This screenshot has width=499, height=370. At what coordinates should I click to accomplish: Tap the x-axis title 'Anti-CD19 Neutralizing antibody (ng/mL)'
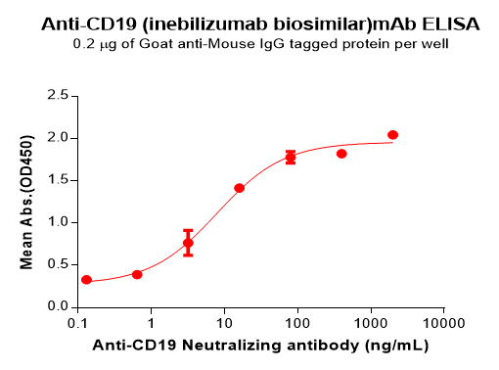[260, 346]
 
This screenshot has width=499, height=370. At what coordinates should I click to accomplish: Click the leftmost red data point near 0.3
[86, 280]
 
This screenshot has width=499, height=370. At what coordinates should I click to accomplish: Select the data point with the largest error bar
[188, 243]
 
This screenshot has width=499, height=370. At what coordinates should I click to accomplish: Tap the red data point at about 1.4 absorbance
[240, 188]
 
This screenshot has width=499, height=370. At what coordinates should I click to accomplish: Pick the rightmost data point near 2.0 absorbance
[392, 135]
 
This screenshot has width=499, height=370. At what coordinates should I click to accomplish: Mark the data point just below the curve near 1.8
[341, 154]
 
